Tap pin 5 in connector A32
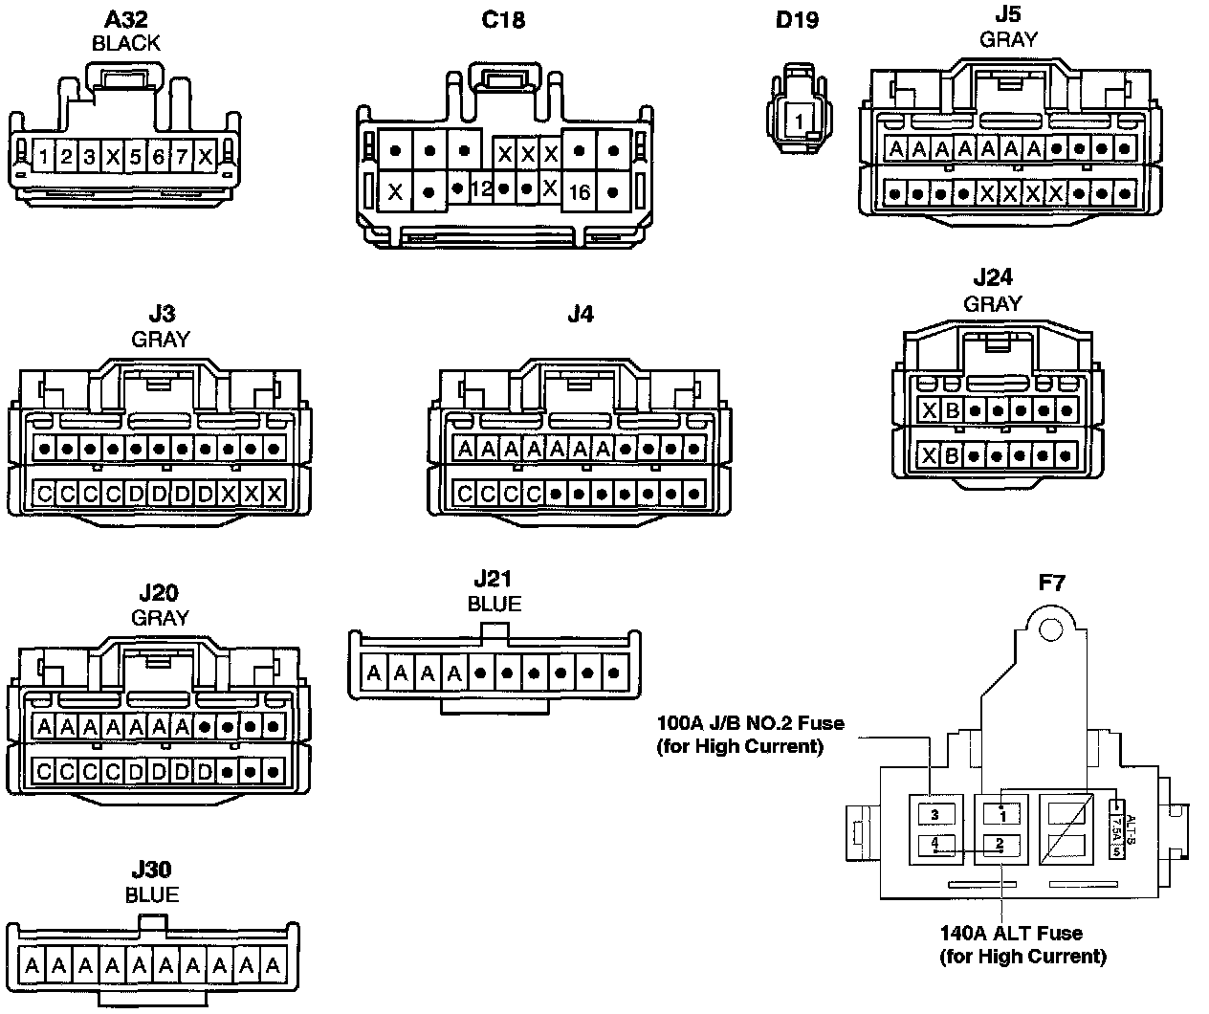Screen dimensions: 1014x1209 [136, 156]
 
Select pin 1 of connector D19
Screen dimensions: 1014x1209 [798, 121]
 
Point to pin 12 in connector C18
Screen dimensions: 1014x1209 [481, 189]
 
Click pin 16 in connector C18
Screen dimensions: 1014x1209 [580, 192]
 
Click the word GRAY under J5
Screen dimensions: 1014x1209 [1008, 39]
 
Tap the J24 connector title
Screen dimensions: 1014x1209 [992, 278]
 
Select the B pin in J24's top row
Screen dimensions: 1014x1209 [951, 411]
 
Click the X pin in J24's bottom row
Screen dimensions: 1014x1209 [928, 455]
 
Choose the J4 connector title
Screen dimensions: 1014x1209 [580, 314]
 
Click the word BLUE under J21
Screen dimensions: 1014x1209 [495, 604]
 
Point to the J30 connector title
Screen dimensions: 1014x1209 [151, 870]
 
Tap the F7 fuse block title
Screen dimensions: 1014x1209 [1050, 582]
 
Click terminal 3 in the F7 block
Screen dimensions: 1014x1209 [935, 815]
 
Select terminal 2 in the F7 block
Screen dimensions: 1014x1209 [1000, 844]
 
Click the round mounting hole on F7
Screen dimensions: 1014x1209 [1051, 628]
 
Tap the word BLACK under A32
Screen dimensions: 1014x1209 [125, 43]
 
